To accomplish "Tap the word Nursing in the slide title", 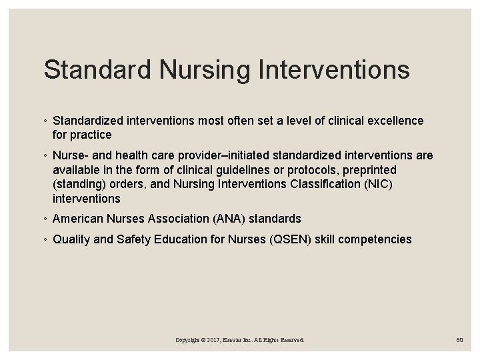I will [x=189, y=70].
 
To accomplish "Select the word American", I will [x=77, y=219].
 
